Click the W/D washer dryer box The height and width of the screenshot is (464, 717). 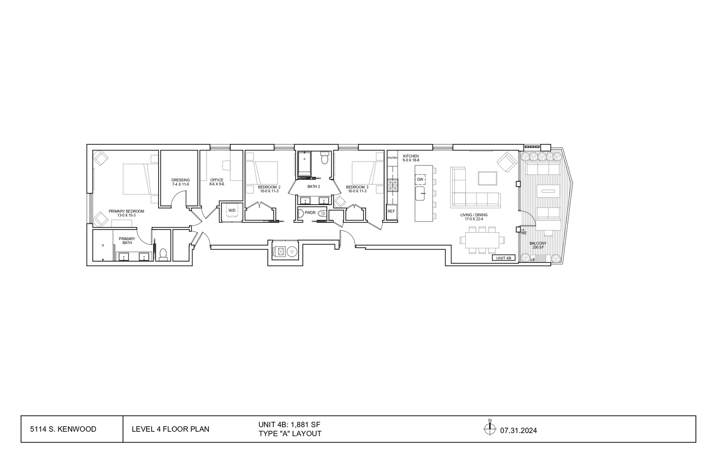point(232,211)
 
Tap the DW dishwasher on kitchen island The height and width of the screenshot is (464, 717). point(420,180)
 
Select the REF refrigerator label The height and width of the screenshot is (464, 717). point(391,211)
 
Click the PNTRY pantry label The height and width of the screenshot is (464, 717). point(392,158)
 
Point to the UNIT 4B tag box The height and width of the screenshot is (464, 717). point(503,258)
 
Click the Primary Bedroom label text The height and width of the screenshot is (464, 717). point(126,213)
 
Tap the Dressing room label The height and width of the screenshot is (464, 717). point(180,182)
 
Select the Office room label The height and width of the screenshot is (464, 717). point(217,182)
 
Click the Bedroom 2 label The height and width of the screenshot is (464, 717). point(269,189)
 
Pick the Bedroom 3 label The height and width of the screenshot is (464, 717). point(357,189)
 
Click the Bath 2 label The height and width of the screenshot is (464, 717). point(314,186)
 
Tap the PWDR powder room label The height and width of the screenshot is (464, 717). point(310,213)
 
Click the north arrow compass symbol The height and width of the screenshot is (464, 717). point(490,428)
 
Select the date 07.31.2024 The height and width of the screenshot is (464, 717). point(519,430)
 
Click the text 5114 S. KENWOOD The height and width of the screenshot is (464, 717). point(63,429)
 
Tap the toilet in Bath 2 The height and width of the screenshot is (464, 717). point(325,159)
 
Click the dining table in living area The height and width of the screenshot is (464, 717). point(482,239)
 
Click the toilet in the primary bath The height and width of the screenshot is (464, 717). point(163,255)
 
